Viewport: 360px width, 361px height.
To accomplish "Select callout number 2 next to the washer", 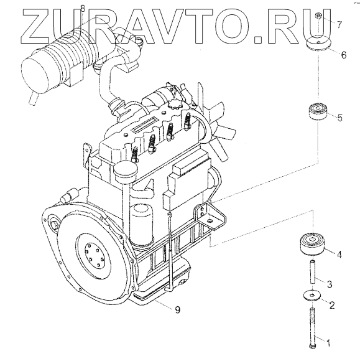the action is (332, 305).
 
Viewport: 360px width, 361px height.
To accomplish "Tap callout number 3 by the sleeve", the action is (330, 284).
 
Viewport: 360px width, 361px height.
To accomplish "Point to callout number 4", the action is (339, 255).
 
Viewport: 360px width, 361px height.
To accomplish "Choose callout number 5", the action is (340, 118).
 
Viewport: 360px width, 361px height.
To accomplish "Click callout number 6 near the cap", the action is (343, 55).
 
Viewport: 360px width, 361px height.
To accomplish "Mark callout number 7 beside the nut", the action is (339, 24).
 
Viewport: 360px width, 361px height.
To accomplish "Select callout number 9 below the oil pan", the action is (178, 310).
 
